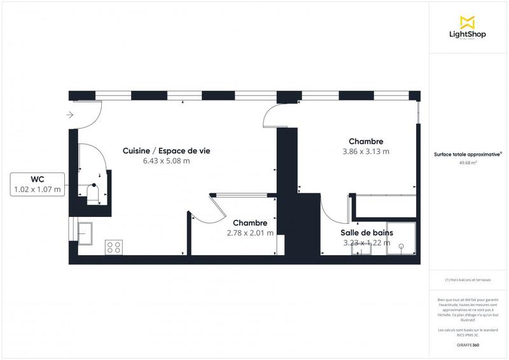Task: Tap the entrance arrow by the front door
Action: coord(70,115)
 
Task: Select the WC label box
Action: coord(37,184)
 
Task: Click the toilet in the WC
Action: coord(92,193)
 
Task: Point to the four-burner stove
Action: coord(115,247)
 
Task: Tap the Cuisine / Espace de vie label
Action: coord(166,151)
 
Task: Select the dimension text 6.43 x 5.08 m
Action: coord(166,161)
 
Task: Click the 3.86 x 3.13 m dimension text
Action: coord(365,151)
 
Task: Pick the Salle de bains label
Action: coord(368,233)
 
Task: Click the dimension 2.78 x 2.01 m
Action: coord(250,233)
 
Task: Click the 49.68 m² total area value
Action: coord(468,163)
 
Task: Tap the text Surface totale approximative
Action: coord(467,154)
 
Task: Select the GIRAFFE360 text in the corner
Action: coord(468,345)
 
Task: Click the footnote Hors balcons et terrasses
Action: coord(468,280)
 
